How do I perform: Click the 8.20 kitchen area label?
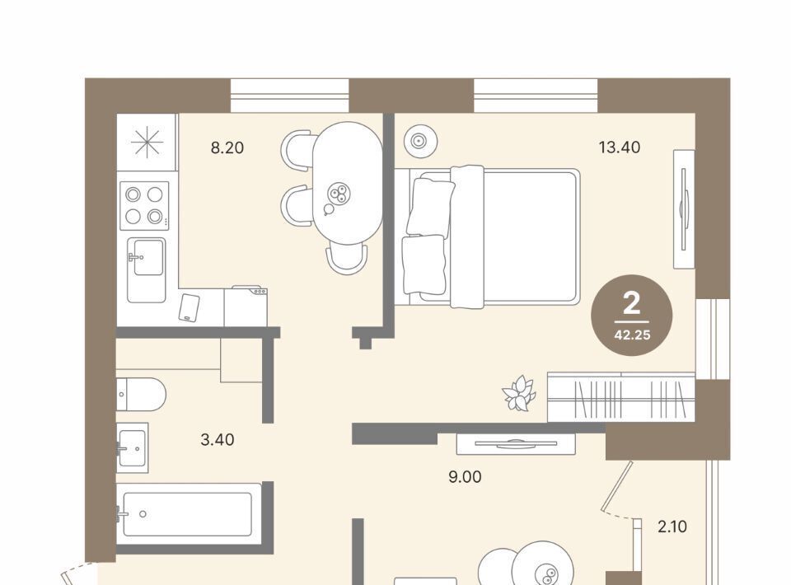[227, 147]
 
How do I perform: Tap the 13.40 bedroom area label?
[620, 147]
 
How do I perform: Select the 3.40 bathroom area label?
[218, 440]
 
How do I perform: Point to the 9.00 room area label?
[465, 476]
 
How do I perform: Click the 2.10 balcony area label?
[672, 526]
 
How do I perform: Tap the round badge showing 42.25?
[632, 316]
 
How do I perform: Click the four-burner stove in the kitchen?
[144, 206]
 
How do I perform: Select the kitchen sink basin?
[147, 269]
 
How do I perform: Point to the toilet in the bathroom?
[141, 394]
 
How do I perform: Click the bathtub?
[189, 514]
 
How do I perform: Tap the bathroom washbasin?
[132, 448]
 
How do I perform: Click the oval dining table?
[347, 183]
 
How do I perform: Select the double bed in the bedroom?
[487, 236]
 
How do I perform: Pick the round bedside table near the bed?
[419, 141]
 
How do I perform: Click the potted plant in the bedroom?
[518, 393]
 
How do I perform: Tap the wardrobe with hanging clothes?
[621, 397]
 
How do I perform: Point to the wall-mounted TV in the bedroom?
[684, 208]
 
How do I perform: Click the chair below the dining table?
[347, 257]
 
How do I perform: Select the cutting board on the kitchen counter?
[190, 307]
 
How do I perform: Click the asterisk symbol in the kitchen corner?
[147, 143]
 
